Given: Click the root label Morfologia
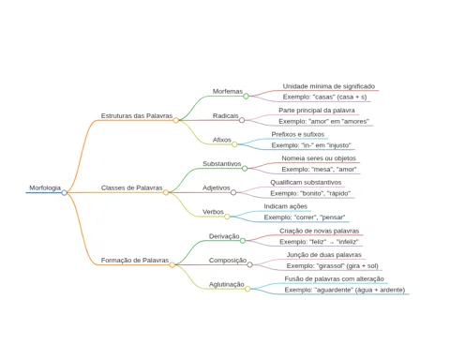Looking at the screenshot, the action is coord(45,187).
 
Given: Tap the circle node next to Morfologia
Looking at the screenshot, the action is coord(65,193).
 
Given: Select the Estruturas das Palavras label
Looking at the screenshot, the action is coord(137,115).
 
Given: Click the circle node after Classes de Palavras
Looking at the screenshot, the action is coord(166,192).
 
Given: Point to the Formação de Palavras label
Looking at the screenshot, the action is coord(135,261).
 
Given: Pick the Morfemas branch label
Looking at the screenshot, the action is coord(228,91).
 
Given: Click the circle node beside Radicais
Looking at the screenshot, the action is coord(242,120).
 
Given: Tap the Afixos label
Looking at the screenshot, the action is coord(222,140).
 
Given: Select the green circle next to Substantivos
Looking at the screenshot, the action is coord(245,169).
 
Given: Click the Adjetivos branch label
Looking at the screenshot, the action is coord(217,187).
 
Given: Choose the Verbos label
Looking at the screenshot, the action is coord(213,212).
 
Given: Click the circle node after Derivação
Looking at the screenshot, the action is coord(243,241).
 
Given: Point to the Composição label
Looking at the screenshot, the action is coord(228,261).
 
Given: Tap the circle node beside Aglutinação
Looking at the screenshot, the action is coord(247,289).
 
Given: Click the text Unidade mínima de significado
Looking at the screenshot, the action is coord(329,86).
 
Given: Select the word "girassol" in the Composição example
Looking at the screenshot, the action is coord(328,266).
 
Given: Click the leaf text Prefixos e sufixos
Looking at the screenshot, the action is coord(298,134).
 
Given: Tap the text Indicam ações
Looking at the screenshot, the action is coord(286,206).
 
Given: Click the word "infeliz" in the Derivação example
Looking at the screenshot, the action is coord(348,242).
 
